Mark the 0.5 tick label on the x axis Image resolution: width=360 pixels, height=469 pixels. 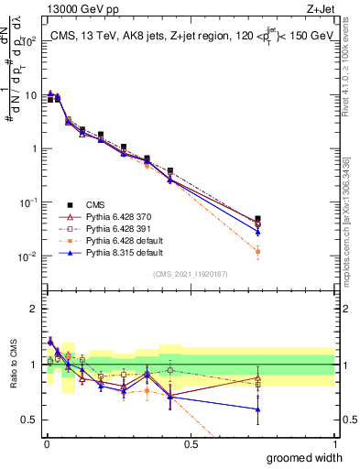[191, 443]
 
